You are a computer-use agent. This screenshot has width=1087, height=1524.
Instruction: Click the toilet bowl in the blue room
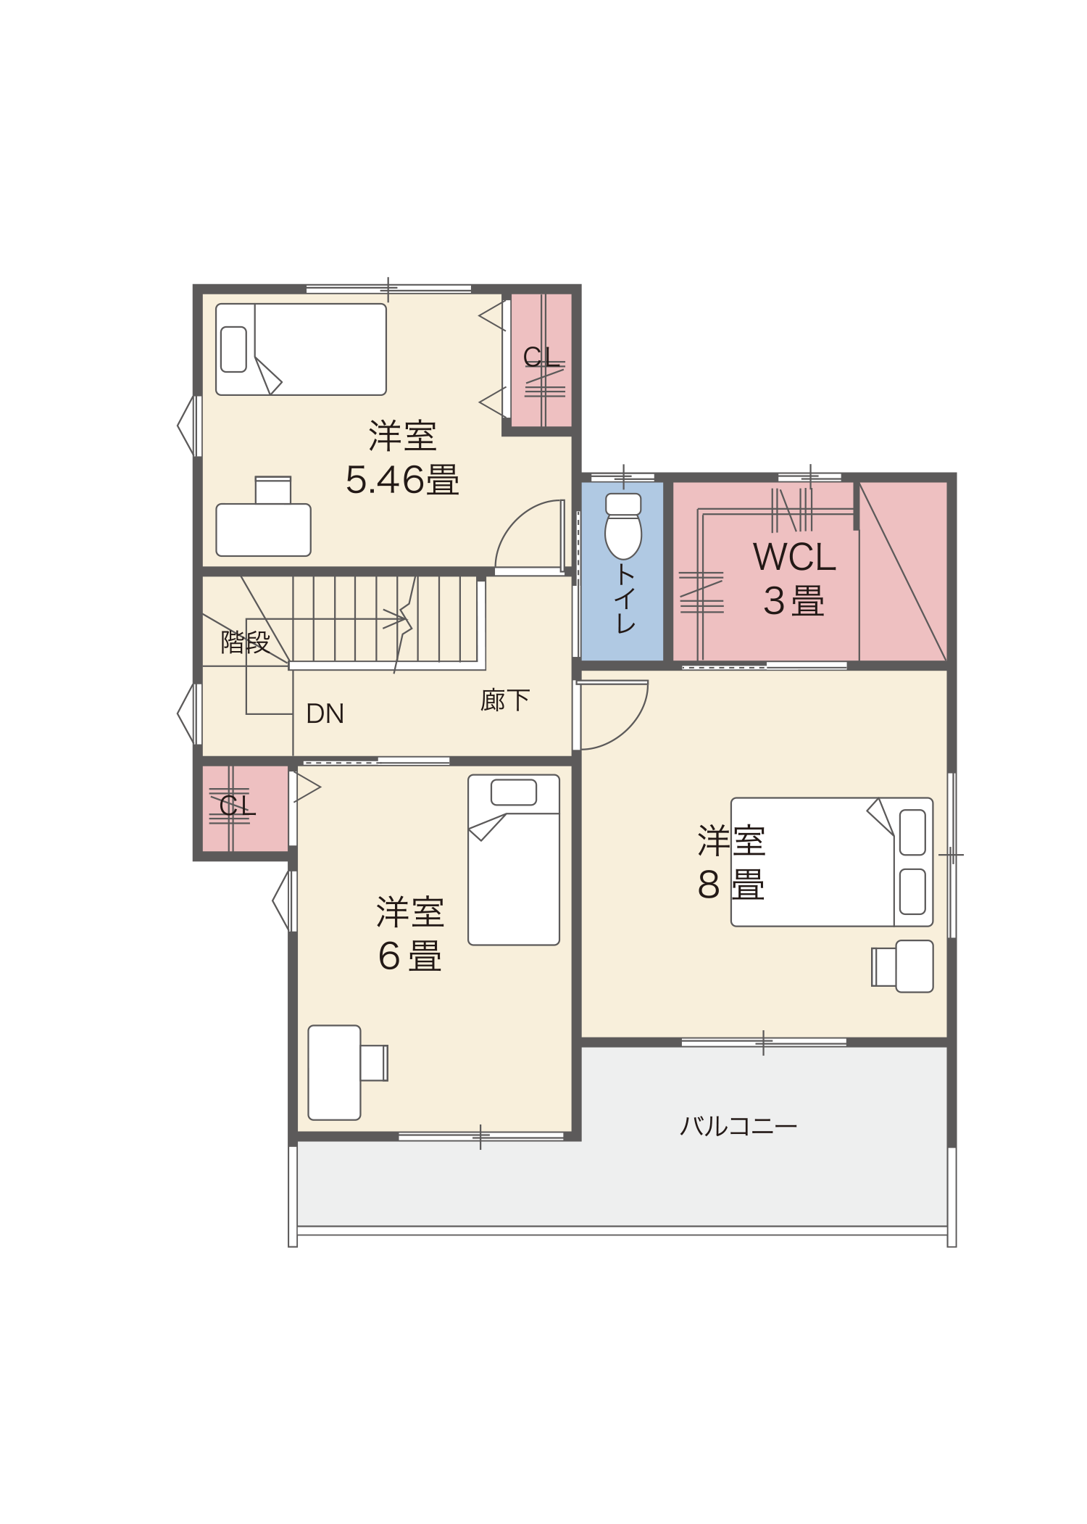(623, 526)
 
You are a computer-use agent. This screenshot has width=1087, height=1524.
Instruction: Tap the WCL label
(794, 557)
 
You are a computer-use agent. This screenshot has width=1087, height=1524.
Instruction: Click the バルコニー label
(738, 1126)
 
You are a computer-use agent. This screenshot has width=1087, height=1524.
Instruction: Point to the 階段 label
(245, 642)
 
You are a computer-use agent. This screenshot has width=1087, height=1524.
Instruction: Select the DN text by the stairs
(325, 713)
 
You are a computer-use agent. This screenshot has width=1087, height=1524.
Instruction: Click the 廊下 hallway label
(505, 700)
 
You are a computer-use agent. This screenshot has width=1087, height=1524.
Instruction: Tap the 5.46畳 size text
(402, 479)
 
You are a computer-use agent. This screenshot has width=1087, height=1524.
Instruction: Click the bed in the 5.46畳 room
(301, 349)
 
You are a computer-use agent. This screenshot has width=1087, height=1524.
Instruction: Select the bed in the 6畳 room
(514, 860)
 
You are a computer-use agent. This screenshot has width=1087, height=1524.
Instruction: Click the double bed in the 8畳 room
(832, 862)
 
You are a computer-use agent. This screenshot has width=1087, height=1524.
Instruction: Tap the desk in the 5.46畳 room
(264, 529)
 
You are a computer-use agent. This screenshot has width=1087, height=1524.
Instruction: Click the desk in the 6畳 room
(334, 1072)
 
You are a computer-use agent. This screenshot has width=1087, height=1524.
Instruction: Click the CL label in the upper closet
(541, 357)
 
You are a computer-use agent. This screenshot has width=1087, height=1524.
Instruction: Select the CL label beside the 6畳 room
(237, 805)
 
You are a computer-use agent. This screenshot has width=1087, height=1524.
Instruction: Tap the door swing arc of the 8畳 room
(628, 729)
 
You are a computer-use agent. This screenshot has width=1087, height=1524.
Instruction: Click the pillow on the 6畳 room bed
(514, 792)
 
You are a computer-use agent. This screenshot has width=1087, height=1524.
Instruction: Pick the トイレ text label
(625, 599)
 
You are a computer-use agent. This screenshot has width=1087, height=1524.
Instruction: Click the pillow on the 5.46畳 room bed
(233, 349)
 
